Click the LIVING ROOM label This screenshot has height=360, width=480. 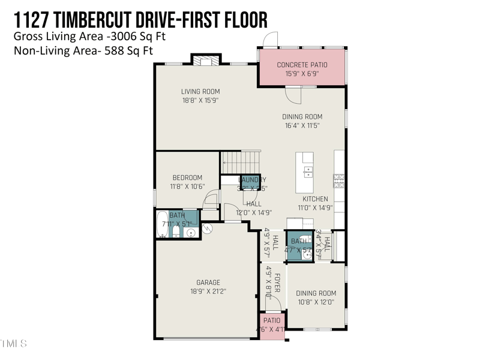(200, 92)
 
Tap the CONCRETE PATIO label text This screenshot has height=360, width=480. (301, 65)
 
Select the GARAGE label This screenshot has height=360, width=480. (208, 283)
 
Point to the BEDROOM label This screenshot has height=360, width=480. (187, 178)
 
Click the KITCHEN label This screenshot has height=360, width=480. (315, 199)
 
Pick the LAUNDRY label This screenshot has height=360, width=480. (251, 180)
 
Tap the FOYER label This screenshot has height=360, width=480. (277, 284)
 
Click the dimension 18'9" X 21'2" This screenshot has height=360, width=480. (208, 292)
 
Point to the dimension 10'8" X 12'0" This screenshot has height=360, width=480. (315, 302)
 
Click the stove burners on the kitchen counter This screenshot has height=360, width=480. (339, 179)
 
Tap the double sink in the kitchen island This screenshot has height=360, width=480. (307, 172)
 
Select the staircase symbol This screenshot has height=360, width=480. (241, 162)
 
